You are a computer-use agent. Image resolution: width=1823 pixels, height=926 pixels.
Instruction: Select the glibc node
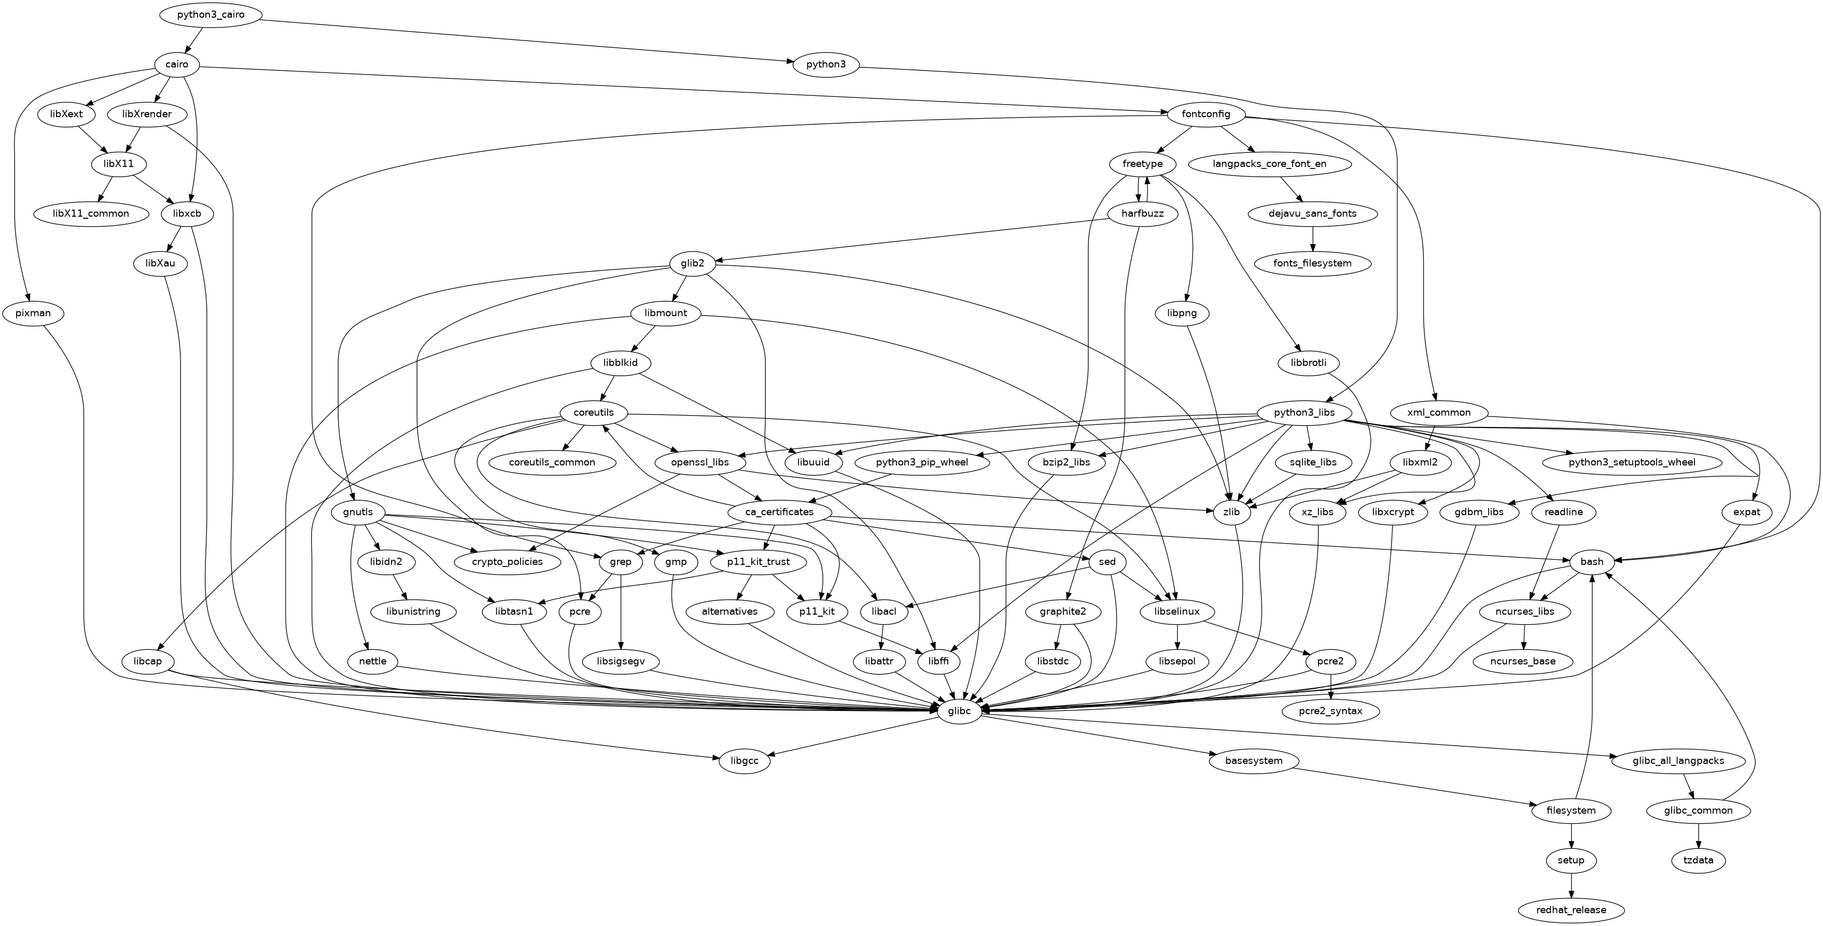[959, 711]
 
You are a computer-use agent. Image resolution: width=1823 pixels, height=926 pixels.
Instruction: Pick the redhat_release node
[1571, 910]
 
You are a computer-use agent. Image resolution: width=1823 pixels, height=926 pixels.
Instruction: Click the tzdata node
[1699, 860]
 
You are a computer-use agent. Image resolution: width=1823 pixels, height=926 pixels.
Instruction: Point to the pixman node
[32, 312]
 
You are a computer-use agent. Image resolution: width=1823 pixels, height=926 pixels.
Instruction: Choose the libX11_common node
[91, 213]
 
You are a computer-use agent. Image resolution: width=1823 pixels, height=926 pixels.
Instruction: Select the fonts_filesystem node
[1313, 263]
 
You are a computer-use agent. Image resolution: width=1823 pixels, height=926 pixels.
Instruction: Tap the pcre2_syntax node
[1330, 711]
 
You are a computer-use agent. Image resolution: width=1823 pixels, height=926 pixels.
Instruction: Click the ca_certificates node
[780, 511]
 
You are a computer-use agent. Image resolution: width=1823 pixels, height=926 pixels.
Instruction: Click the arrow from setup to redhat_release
[1571, 885]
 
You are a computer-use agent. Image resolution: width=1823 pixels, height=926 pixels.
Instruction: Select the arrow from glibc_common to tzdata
[1699, 835]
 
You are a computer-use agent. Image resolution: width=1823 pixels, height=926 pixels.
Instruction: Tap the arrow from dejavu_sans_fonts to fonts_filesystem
[1313, 238]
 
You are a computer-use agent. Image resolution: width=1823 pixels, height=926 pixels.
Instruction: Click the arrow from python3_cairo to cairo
[194, 39]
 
